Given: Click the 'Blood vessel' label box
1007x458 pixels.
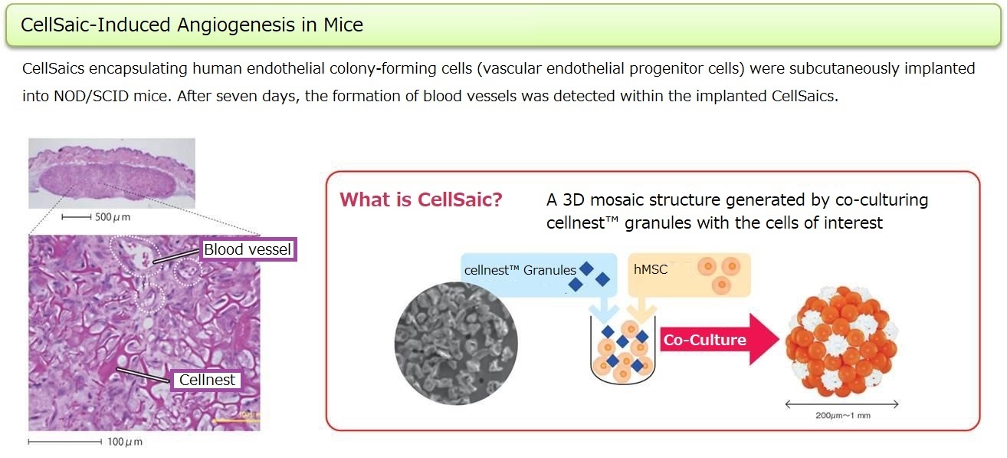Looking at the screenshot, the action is tap(248, 249).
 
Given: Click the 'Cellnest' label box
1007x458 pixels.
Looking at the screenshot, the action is tap(207, 381).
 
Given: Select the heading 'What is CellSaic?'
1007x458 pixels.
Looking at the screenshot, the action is tap(421, 199).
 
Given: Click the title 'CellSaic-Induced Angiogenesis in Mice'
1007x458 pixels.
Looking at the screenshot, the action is tap(192, 25).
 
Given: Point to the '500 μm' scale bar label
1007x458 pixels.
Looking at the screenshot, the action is tap(113, 217).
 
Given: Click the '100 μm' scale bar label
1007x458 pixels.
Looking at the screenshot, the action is tap(124, 442).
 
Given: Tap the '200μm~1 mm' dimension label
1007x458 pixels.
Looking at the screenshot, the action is tap(843, 416).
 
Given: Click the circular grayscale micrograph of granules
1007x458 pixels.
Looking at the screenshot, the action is tap(456, 343).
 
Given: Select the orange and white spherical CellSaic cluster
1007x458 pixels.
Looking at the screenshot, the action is tap(841, 341).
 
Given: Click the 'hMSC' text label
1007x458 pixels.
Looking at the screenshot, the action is tap(651, 269).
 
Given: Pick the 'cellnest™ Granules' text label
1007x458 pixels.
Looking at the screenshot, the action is tap(520, 270).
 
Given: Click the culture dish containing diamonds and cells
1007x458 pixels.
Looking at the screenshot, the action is tap(623, 350).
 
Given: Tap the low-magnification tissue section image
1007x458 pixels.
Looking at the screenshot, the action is tap(112, 173).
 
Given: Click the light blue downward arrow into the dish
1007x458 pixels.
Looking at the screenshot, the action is tap(604, 308).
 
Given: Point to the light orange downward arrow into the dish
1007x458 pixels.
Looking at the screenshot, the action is tap(642, 308).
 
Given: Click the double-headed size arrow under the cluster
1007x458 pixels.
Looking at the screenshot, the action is tap(841, 404).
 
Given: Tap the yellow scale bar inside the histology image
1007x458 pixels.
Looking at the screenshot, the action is tap(235, 421).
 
